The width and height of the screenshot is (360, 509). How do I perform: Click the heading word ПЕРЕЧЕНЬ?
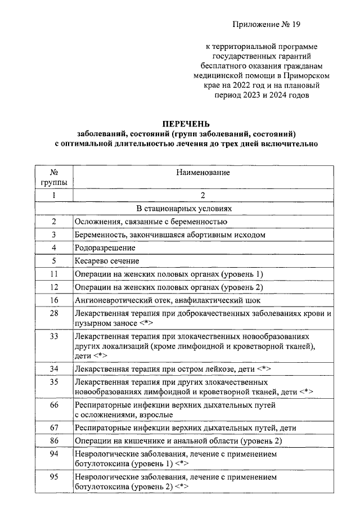click(x=186, y=123)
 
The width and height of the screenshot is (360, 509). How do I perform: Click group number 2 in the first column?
click(x=54, y=221)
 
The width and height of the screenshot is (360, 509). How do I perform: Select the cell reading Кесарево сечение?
click(x=107, y=260)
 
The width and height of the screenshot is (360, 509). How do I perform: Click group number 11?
click(x=54, y=274)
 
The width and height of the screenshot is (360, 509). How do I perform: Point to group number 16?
click(x=54, y=300)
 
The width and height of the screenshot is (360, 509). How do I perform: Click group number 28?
click(x=54, y=313)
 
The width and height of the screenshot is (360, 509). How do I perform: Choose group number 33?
click(x=54, y=336)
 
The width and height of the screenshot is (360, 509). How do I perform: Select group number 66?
click(x=54, y=404)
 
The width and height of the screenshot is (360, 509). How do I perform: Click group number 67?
click(x=54, y=427)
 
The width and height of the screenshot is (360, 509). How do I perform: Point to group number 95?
click(x=54, y=476)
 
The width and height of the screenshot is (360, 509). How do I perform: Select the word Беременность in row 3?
click(x=99, y=235)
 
